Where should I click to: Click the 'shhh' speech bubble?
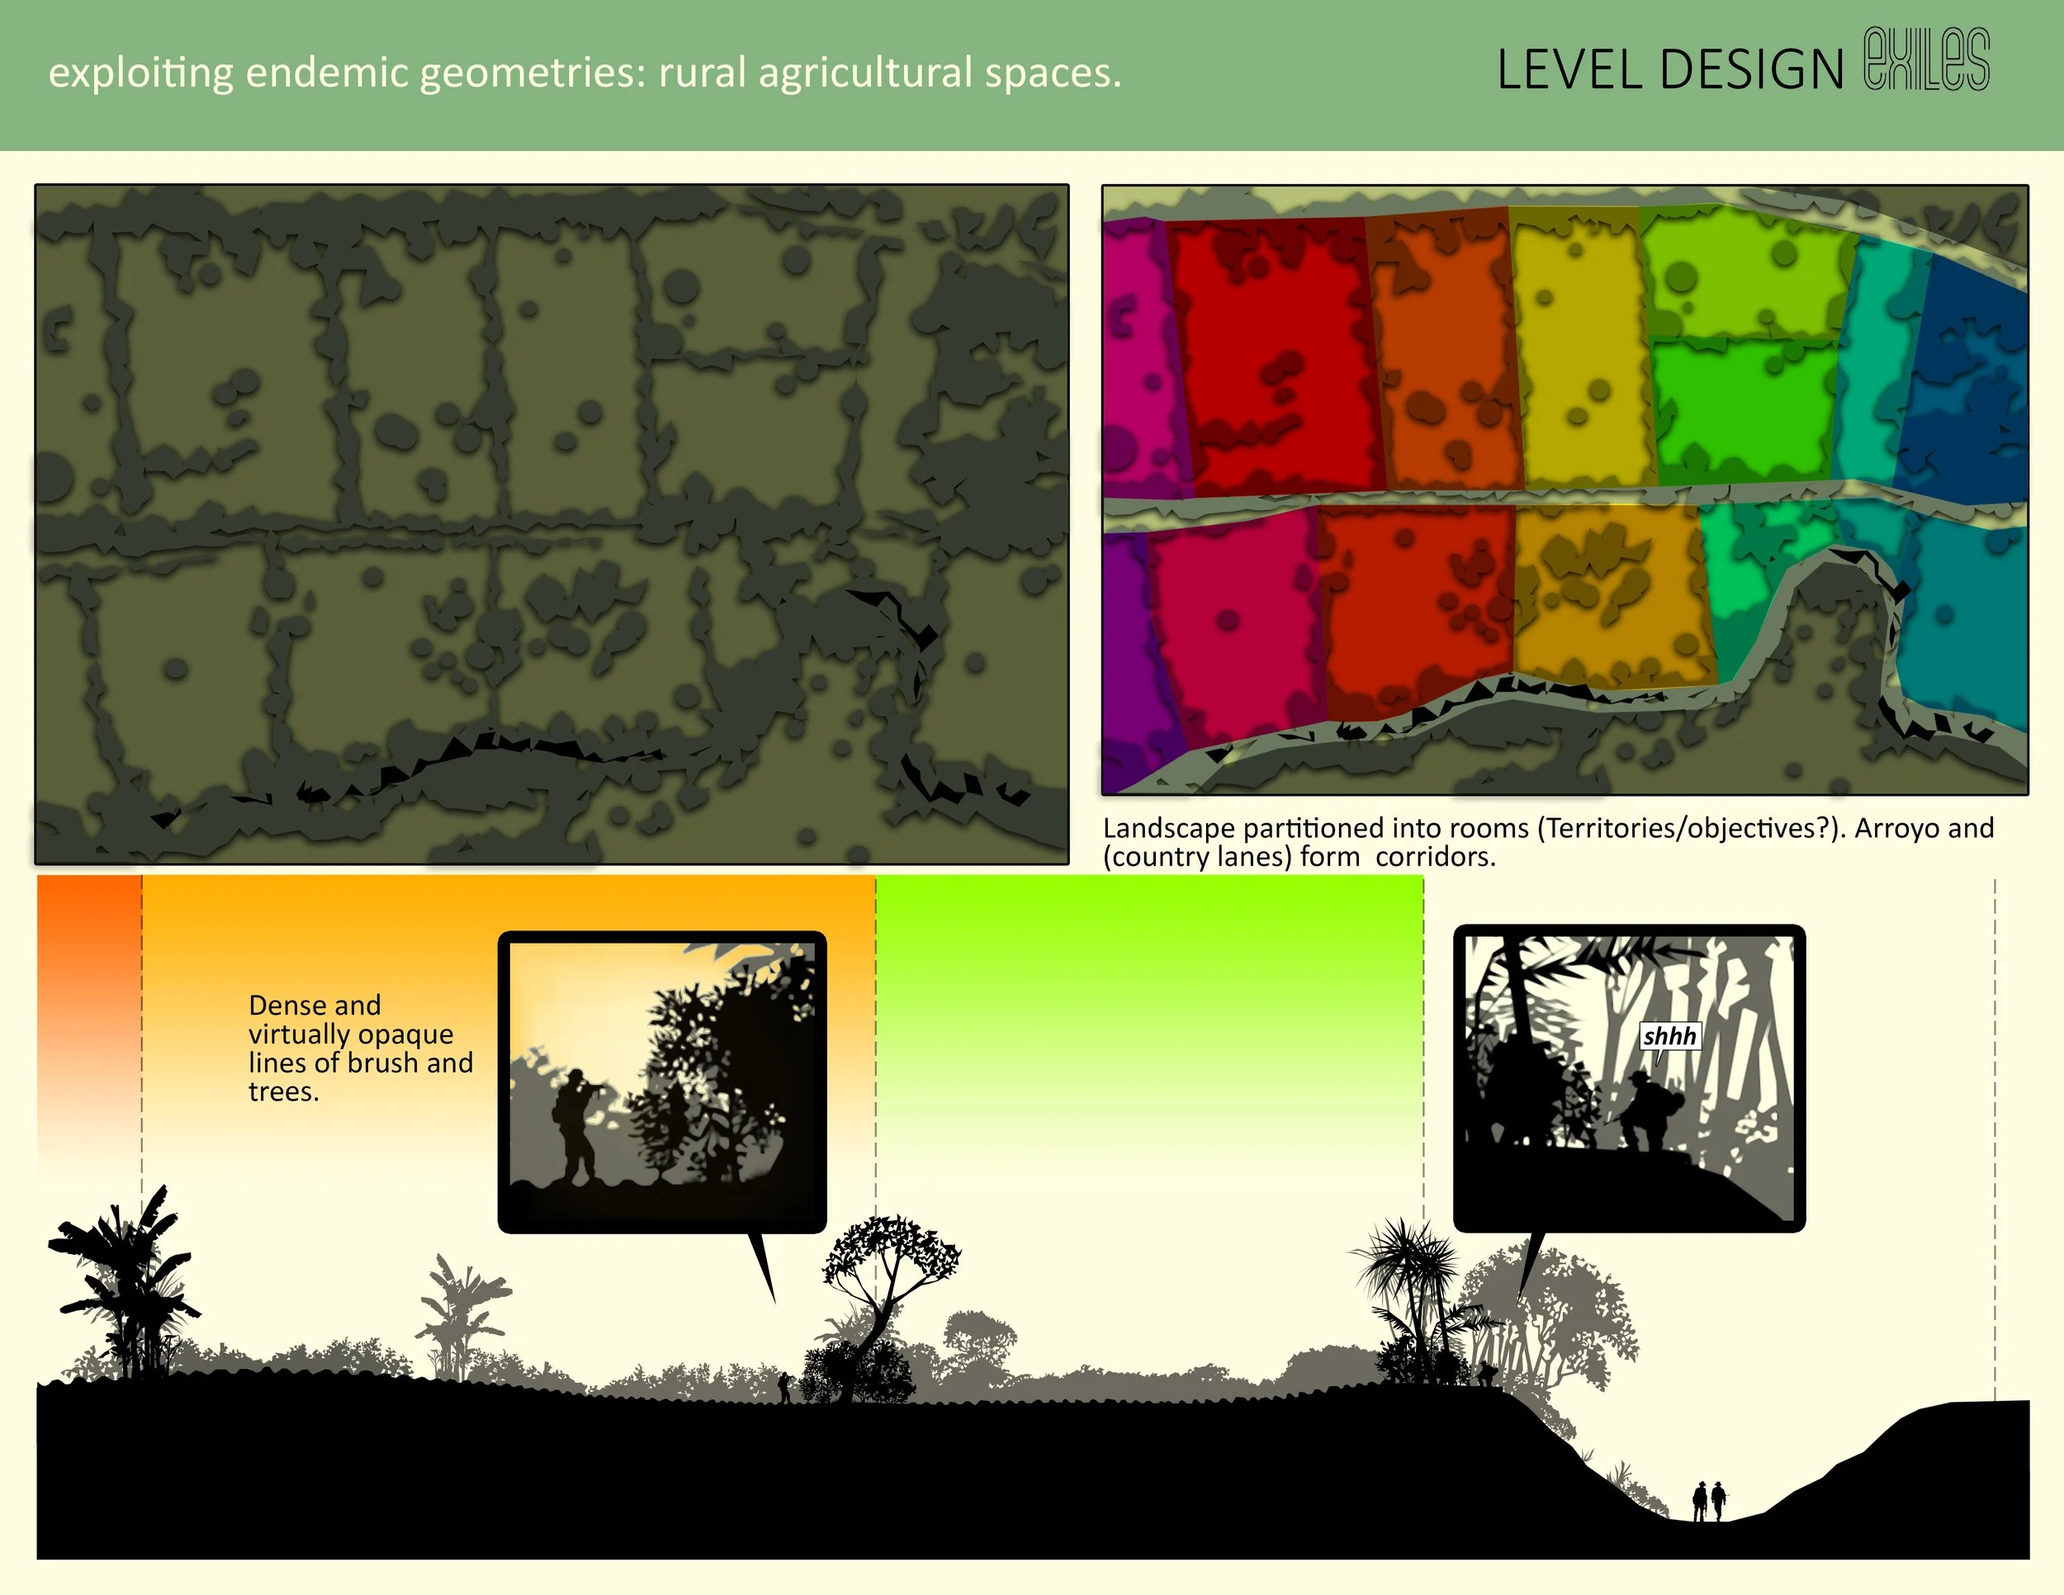point(1670,1037)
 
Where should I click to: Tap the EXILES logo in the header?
point(1928,60)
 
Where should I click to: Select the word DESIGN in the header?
point(1751,70)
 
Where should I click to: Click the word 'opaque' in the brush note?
point(405,1034)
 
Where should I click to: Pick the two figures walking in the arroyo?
point(1709,1501)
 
